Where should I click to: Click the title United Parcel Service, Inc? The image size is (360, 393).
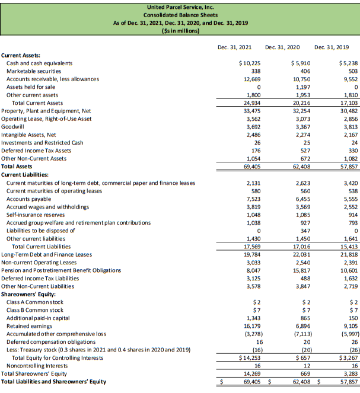[180, 6]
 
